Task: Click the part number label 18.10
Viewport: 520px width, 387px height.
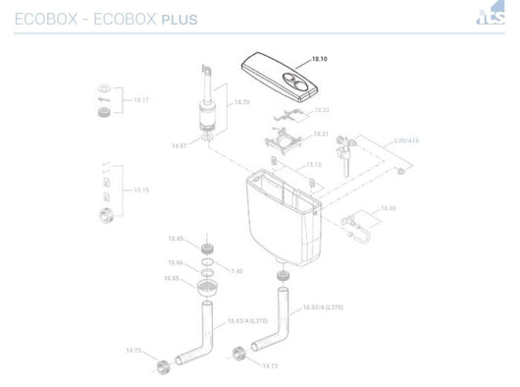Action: tap(319, 60)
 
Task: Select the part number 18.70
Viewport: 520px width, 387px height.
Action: tap(240, 102)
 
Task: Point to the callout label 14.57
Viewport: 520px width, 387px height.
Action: tap(179, 145)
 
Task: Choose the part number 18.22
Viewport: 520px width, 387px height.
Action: tap(321, 110)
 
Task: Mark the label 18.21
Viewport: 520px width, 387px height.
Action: tap(320, 133)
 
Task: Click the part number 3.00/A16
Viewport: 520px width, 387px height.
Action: tap(406, 141)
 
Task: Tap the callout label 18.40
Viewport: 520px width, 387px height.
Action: tap(388, 208)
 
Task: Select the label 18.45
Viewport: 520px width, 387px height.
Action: tap(175, 239)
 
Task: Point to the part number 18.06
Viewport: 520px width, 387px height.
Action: tap(175, 262)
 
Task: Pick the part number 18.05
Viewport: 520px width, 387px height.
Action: tap(172, 279)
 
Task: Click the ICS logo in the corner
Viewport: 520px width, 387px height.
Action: tap(490, 17)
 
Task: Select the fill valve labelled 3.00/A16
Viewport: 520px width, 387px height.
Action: tap(345, 157)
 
